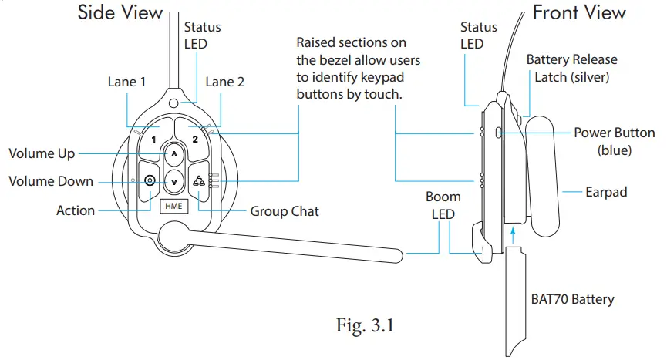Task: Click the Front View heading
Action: [x=579, y=13]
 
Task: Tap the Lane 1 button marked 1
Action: [x=153, y=140]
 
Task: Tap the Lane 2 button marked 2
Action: [x=195, y=140]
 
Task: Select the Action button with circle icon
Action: [x=150, y=181]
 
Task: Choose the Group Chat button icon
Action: [x=198, y=182]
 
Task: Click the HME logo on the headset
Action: [x=171, y=207]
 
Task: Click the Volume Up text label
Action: [x=42, y=153]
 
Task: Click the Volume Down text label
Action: [x=51, y=181]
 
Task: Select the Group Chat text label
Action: [x=285, y=210]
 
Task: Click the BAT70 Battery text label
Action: [x=572, y=298]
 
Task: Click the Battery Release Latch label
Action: [x=571, y=67]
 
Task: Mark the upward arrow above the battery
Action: [x=512, y=230]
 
